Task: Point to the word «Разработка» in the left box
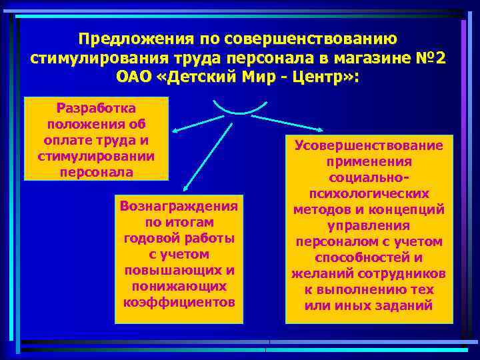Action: (x=96, y=107)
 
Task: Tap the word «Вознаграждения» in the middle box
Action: (x=179, y=206)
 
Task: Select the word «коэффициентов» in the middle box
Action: (x=179, y=301)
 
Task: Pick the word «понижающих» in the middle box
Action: (x=179, y=285)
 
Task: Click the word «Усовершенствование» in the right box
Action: (x=369, y=145)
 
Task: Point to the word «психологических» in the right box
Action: (x=369, y=193)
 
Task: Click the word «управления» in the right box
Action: (x=369, y=225)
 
